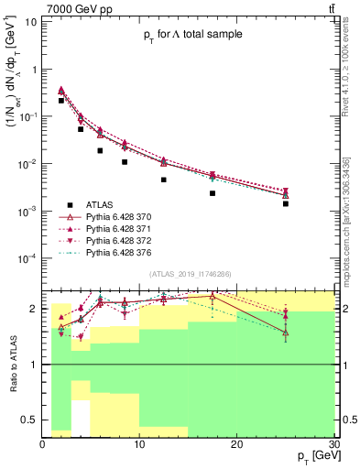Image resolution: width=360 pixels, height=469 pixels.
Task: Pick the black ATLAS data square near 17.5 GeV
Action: (213, 193)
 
